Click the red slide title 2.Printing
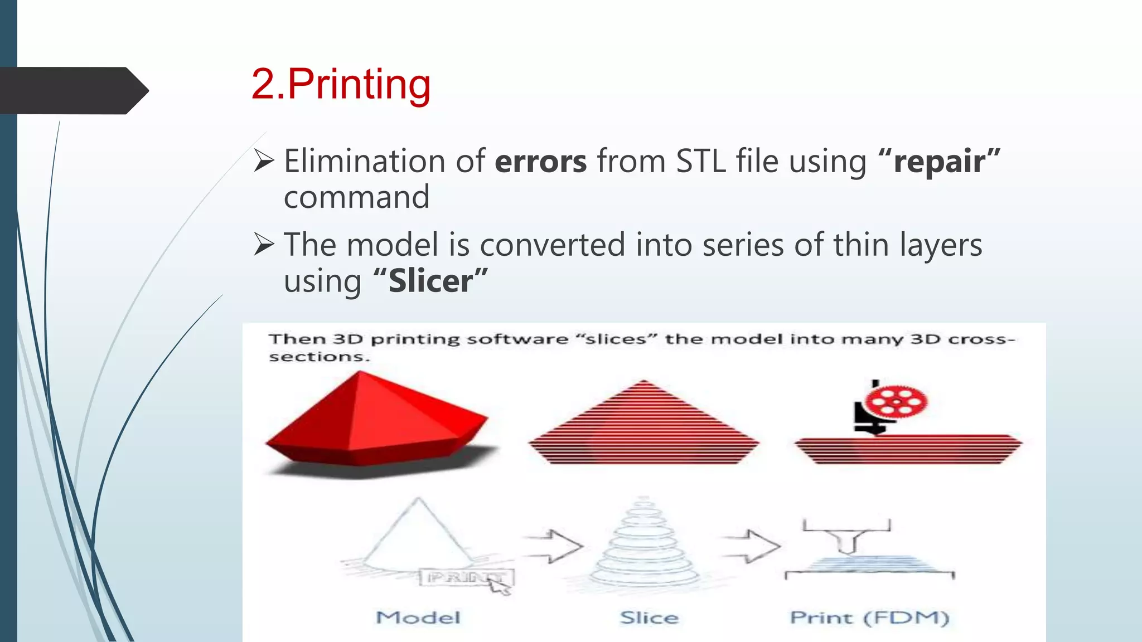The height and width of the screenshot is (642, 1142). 341,85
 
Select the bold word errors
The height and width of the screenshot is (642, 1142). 540,162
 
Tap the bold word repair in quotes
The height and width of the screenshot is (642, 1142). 939,162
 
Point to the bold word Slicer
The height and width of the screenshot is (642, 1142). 430,281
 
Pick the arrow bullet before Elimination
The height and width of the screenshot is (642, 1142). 264,160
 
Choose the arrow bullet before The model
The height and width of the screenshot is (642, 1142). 264,244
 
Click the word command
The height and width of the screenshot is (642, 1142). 356,197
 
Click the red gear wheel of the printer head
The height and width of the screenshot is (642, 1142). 896,401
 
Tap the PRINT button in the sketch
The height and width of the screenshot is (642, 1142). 466,577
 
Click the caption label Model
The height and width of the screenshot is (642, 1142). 418,617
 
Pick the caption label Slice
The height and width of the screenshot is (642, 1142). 649,617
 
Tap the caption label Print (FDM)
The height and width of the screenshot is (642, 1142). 869,617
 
